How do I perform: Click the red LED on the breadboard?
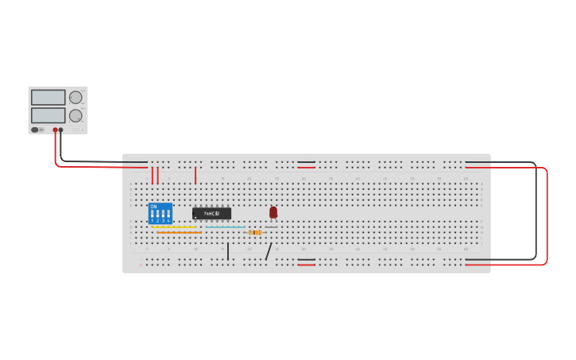273,212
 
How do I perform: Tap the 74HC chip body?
211,213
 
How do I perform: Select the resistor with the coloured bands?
255,232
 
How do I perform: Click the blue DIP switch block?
160,213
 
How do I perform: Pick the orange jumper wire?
178,232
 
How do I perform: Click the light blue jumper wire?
226,227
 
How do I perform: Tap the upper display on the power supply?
48,97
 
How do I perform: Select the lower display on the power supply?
48,115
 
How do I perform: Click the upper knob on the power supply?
75,97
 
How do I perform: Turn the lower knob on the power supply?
75,115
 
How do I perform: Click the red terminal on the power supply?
55,130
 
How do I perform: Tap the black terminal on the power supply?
60,130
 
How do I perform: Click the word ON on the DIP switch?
153,207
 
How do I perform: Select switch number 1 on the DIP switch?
152,215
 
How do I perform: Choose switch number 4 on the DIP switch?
168,215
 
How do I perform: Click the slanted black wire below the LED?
269,251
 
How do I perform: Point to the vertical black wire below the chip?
228,251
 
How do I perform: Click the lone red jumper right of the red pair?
195,175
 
